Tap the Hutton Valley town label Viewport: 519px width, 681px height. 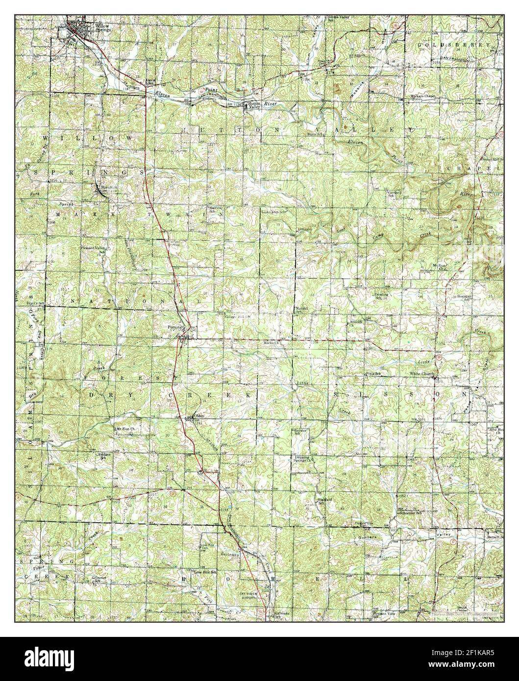(x=253, y=106)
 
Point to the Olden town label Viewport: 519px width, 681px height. (x=199, y=416)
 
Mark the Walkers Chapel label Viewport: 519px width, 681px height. (x=423, y=97)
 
